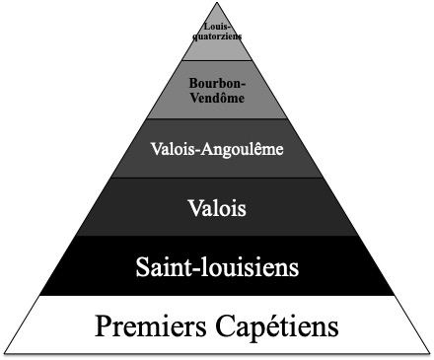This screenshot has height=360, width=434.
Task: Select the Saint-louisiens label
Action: pyautogui.click(x=216, y=266)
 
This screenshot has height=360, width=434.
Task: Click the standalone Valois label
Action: pyautogui.click(x=216, y=207)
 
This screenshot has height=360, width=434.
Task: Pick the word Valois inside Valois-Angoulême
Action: pyautogui.click(x=173, y=150)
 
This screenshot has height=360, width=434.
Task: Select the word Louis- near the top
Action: pyautogui.click(x=216, y=27)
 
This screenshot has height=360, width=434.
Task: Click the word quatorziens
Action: pyautogui.click(x=216, y=36)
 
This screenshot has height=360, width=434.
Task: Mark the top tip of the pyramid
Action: pyautogui.click(x=216, y=3)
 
